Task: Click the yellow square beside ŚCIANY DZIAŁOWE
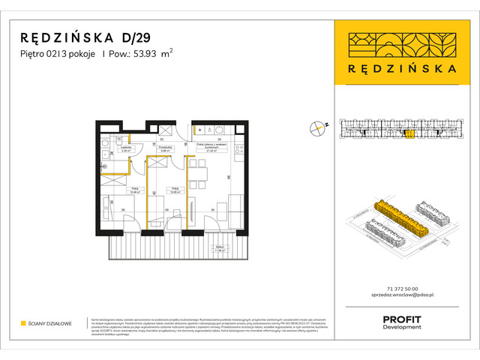[x=23, y=324]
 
